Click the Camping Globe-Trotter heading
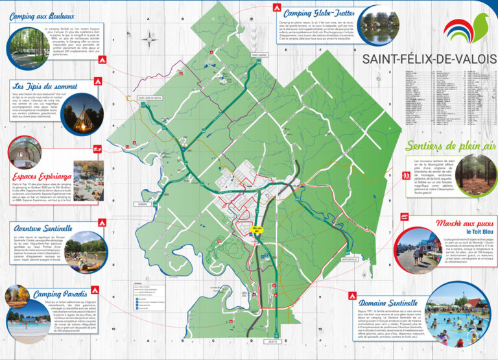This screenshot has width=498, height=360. (x=318, y=13)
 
